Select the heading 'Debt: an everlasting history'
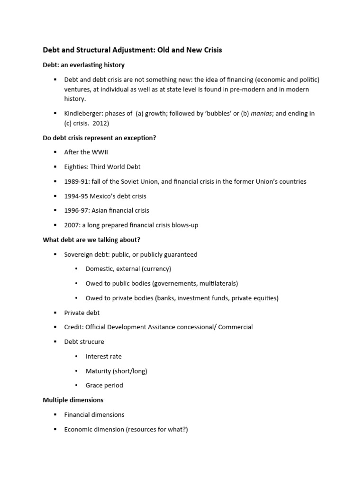tap(84, 64)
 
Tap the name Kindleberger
tap(83, 114)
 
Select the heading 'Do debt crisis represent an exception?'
tap(100, 137)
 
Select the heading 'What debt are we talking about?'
tap(91, 240)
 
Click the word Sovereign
tap(79, 254)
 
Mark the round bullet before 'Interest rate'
tap(77, 356)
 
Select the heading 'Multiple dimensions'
tap(73, 400)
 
